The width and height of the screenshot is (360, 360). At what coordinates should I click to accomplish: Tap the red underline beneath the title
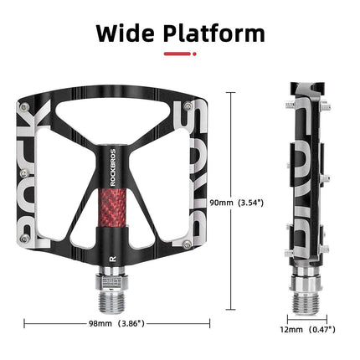point(179,54)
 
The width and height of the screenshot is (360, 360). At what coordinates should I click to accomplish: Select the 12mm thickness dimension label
point(292,331)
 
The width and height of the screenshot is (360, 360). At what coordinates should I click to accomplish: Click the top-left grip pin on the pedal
point(27,108)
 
